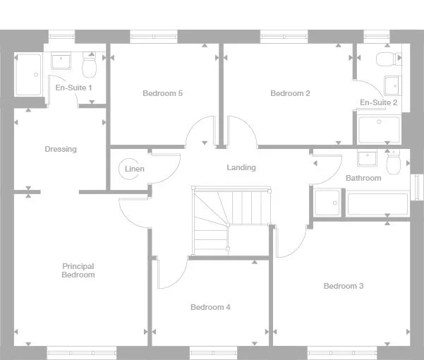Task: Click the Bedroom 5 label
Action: click(x=162, y=93)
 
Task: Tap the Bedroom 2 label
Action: click(x=290, y=93)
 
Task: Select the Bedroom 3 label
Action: click(x=344, y=286)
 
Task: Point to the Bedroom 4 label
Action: click(x=210, y=307)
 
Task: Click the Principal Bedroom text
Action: click(x=78, y=270)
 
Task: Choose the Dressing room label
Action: click(x=61, y=149)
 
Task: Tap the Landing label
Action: click(x=241, y=167)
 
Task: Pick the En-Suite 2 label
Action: click(x=379, y=103)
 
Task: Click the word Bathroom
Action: click(x=363, y=178)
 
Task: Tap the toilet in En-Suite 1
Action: click(x=90, y=66)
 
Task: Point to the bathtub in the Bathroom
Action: click(x=377, y=204)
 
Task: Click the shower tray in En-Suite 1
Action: click(x=28, y=75)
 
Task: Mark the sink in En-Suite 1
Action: click(x=61, y=61)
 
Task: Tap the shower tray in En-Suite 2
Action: click(x=380, y=131)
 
